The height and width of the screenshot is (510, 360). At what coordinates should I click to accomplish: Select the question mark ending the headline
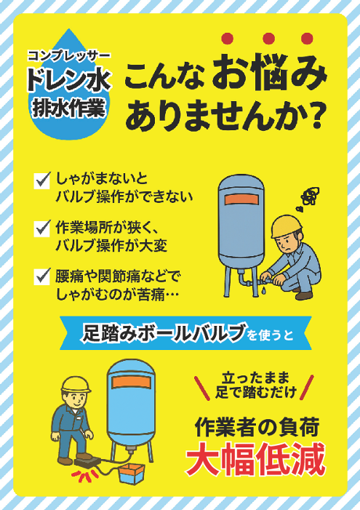(314, 116)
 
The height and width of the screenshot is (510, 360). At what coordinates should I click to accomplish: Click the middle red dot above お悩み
(268, 39)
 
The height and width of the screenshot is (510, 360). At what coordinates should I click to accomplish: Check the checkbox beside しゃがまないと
(42, 178)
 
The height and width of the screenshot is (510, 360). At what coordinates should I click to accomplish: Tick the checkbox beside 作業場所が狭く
(42, 227)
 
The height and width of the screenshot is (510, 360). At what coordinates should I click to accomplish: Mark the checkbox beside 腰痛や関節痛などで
(42, 276)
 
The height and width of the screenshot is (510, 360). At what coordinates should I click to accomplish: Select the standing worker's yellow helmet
(75, 383)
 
